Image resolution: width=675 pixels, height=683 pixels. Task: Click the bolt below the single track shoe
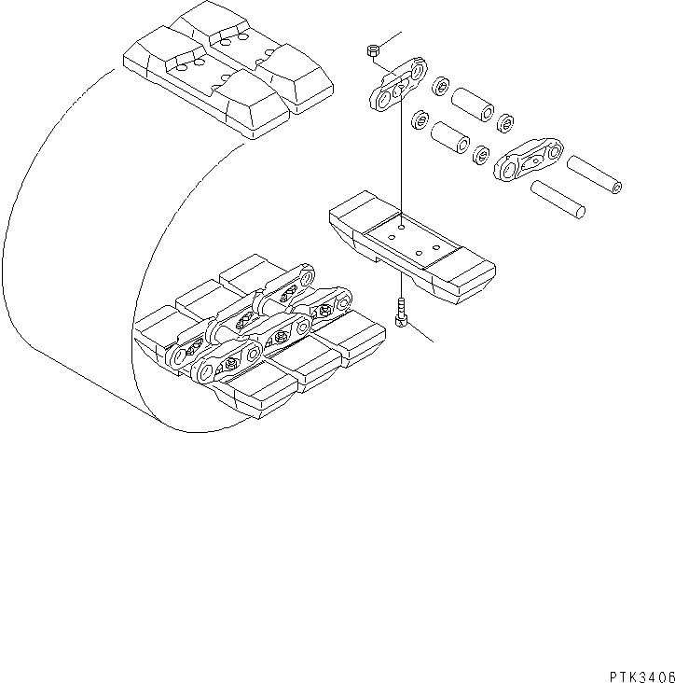tap(401, 313)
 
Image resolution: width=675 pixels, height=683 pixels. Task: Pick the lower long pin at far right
tap(558, 199)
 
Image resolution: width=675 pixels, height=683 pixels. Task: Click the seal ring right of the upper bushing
tap(507, 121)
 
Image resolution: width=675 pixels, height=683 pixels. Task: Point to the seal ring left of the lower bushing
tap(420, 119)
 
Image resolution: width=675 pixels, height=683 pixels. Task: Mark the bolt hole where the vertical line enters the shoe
tap(401, 226)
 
